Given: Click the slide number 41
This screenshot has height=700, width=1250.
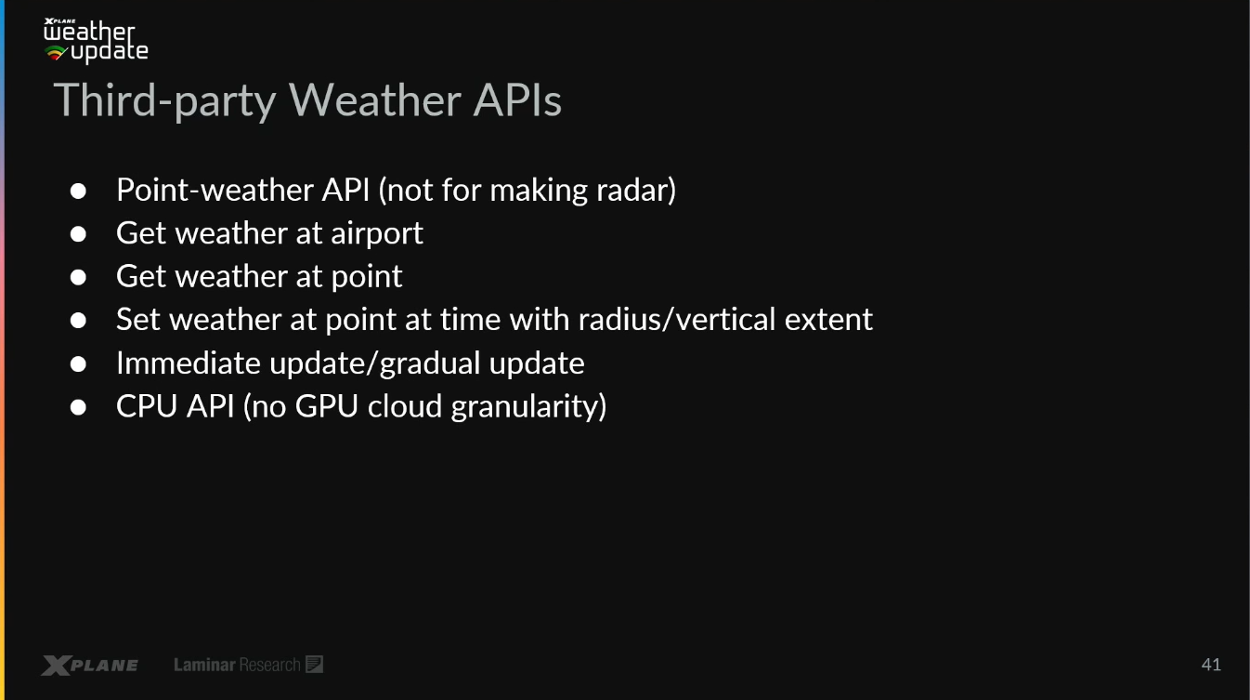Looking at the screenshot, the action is [x=1211, y=665].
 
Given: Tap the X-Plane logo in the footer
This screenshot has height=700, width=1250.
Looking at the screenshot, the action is [x=90, y=665].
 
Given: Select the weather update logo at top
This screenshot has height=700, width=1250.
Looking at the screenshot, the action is [x=96, y=41].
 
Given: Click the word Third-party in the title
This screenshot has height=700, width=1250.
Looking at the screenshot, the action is [x=165, y=101].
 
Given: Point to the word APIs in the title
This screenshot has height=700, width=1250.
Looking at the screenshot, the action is [x=517, y=100].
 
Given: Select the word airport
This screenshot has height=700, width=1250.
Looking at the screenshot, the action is [x=377, y=234].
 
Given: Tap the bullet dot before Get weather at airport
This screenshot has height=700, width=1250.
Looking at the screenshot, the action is [x=78, y=234].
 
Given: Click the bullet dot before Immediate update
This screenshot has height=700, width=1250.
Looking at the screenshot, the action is [x=78, y=364].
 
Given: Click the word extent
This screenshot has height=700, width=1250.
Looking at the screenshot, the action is [x=828, y=321].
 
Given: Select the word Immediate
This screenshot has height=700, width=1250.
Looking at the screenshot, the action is [x=189, y=363].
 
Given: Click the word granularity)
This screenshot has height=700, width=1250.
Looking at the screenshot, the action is [x=528, y=407].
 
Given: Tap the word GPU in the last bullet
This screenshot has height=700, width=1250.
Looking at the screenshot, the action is [x=327, y=406].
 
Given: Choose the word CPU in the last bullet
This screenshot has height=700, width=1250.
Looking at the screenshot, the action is [x=147, y=406].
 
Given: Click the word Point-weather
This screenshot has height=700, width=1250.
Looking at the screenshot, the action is [x=215, y=190].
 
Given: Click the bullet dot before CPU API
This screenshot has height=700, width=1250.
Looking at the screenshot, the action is [x=78, y=407].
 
